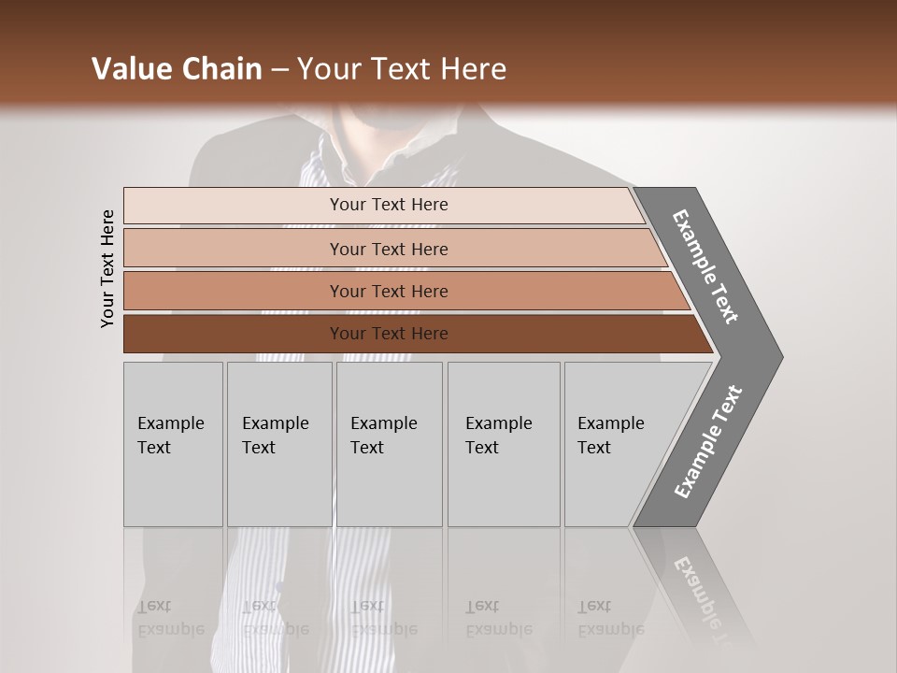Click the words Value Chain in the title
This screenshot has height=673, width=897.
point(177,69)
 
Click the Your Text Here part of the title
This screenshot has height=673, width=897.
point(402,69)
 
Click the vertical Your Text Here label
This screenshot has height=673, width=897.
point(107,268)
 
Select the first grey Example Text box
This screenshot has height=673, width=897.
point(173,444)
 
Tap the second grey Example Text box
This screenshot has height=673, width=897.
point(279,444)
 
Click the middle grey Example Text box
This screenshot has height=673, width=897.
point(389,444)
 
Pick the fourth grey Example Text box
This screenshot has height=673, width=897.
point(504,444)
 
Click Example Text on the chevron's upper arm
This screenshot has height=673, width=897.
point(705,266)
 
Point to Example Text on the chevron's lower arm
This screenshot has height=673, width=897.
point(707,441)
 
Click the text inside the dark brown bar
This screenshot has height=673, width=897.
point(389,334)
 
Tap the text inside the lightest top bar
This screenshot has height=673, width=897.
point(389,205)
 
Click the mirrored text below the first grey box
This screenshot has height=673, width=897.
point(170,618)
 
